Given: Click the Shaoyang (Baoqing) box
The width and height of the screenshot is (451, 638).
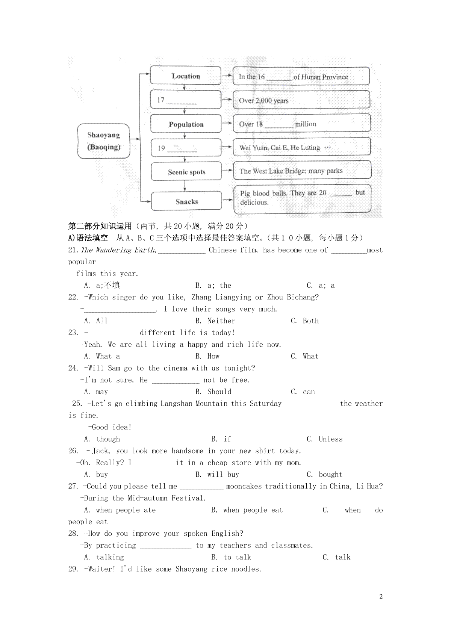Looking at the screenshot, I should [x=104, y=141].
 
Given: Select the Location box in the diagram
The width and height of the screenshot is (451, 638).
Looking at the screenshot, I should [x=186, y=76].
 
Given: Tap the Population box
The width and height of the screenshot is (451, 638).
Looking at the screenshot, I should [x=186, y=124].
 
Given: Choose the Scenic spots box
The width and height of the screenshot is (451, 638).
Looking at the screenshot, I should [x=186, y=172].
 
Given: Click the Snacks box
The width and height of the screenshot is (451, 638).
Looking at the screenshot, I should [x=186, y=202].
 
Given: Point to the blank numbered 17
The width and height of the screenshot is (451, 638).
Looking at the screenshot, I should [x=181, y=101].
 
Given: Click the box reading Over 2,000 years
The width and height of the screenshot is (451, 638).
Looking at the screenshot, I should [x=301, y=100].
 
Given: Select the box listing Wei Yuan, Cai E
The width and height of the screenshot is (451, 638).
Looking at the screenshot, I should [x=301, y=147].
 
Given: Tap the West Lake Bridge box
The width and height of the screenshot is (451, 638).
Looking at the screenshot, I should [x=302, y=171].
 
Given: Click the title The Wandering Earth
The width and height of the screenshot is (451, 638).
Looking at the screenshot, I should [x=118, y=250].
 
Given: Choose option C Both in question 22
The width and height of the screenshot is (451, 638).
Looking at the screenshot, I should [x=305, y=321].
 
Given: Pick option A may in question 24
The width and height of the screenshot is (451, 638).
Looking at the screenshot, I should [x=96, y=392].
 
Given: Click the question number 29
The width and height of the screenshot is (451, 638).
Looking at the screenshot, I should [x=73, y=569].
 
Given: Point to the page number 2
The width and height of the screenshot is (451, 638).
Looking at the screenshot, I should [x=381, y=596].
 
